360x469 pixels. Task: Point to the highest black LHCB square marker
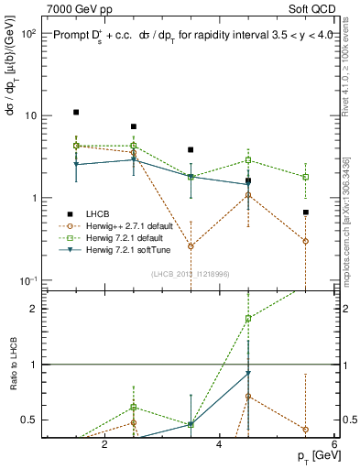[x=76, y=113]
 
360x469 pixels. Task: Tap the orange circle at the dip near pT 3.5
[x=191, y=246]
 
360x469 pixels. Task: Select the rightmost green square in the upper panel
[x=305, y=177]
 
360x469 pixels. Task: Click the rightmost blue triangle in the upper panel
[x=248, y=184]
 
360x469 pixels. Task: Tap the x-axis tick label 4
[x=219, y=445]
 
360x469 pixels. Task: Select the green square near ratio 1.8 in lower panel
[x=248, y=319]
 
